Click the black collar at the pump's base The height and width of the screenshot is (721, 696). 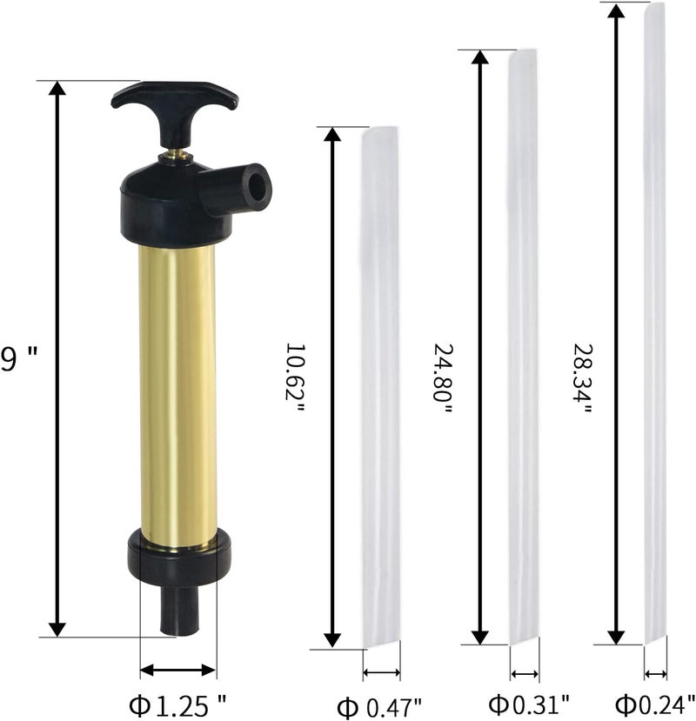tap(179, 557)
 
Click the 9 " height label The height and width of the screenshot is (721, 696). tap(19, 359)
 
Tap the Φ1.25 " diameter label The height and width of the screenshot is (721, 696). tap(177, 705)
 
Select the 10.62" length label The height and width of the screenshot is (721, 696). tap(295, 377)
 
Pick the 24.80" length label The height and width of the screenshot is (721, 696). tap(443, 378)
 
